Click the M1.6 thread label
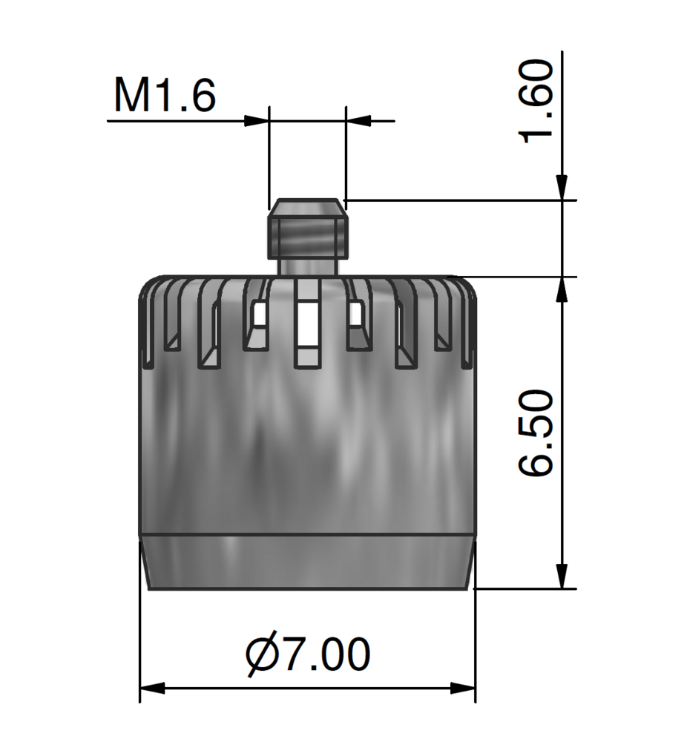pyautogui.click(x=165, y=95)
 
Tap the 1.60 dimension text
pyautogui.click(x=536, y=101)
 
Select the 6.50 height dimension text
pyautogui.click(x=536, y=433)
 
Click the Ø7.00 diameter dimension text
pyautogui.click(x=308, y=654)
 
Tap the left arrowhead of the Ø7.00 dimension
pyautogui.click(x=152, y=688)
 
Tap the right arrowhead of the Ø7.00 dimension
pyautogui.click(x=463, y=688)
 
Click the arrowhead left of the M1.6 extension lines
pyautogui.click(x=257, y=121)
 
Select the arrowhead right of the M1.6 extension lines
pyautogui.click(x=358, y=121)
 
